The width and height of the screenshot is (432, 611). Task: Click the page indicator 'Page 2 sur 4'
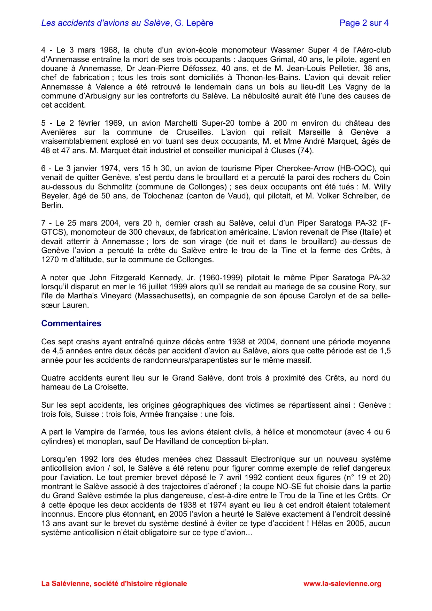pos(364,23)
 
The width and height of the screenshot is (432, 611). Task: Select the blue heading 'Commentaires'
pos(71,323)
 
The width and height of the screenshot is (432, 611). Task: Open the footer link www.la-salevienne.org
pos(342,583)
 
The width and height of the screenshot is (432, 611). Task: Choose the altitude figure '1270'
pos(51,260)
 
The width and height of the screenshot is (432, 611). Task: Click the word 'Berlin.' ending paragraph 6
pos(52,205)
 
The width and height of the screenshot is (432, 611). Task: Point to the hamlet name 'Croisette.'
pos(112,387)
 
